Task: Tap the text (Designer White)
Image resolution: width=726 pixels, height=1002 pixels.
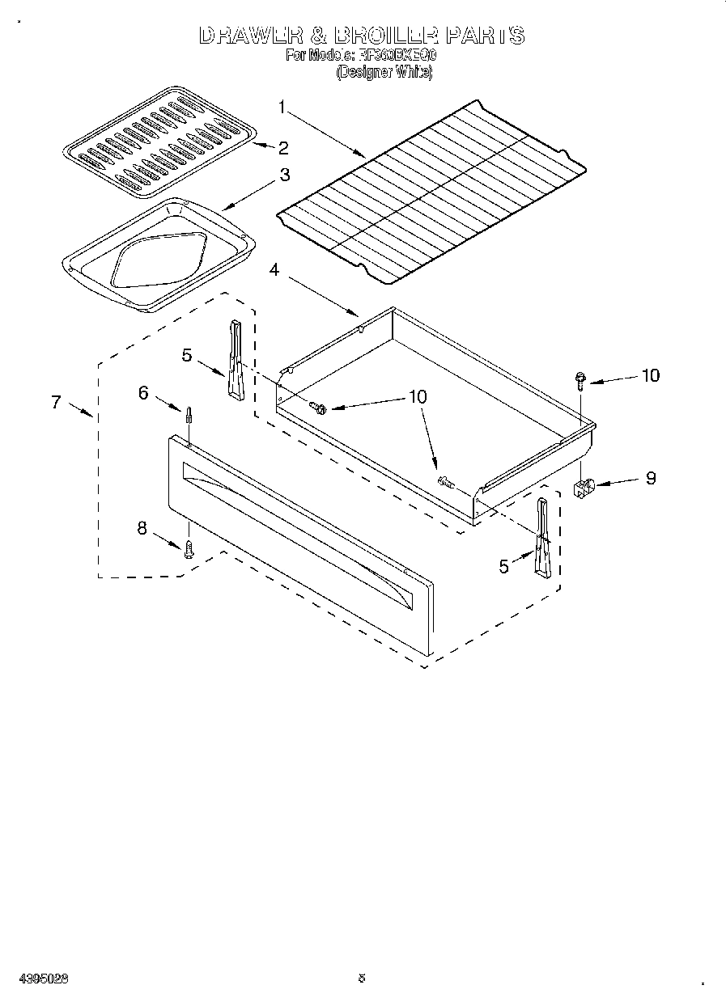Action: (384, 72)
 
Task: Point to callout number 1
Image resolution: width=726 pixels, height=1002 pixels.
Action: (282, 106)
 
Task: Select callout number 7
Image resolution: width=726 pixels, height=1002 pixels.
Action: (56, 401)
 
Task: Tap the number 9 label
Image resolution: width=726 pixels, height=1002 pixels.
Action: (650, 478)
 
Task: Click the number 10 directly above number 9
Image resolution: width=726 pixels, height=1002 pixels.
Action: (650, 375)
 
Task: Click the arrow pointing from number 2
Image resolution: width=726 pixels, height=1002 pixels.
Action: (261, 146)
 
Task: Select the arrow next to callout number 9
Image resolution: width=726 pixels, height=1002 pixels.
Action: (618, 483)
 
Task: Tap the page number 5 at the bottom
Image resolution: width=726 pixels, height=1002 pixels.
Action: (362, 977)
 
